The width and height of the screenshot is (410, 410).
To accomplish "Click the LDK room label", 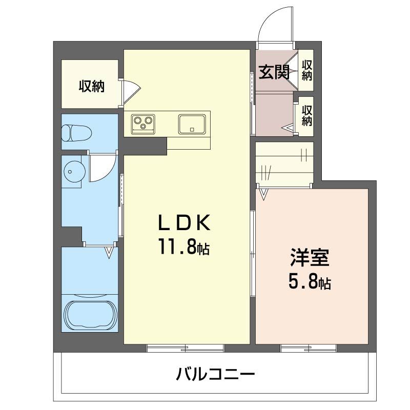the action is coord(184,222).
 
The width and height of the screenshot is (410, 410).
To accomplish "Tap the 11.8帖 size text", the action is coord(183,247).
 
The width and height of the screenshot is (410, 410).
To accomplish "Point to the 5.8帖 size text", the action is coord(310,281).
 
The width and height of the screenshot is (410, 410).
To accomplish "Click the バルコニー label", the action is coord(215,374).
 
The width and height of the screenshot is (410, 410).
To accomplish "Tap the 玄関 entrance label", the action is coord(274,72).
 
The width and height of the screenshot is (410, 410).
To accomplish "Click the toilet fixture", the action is coord(76,133).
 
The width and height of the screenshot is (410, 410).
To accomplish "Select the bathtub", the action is coord(90,315).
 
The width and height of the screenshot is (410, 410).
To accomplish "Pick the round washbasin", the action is coord(74,171).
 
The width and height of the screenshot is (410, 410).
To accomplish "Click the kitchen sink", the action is coord(192,124).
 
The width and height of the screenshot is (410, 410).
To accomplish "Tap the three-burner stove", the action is coord(143,123).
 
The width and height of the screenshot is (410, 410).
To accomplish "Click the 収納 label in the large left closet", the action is coord(92,86).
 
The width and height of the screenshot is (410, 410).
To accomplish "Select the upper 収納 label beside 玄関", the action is coord(307,70).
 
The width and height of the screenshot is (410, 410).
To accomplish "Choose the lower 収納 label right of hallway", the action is coord(307,115).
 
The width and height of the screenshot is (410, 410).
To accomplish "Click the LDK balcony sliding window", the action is coord(186,348).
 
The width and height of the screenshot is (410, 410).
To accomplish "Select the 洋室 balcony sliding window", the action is coord(309,348).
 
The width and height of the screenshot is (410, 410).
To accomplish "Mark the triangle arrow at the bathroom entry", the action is coord(109,252).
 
